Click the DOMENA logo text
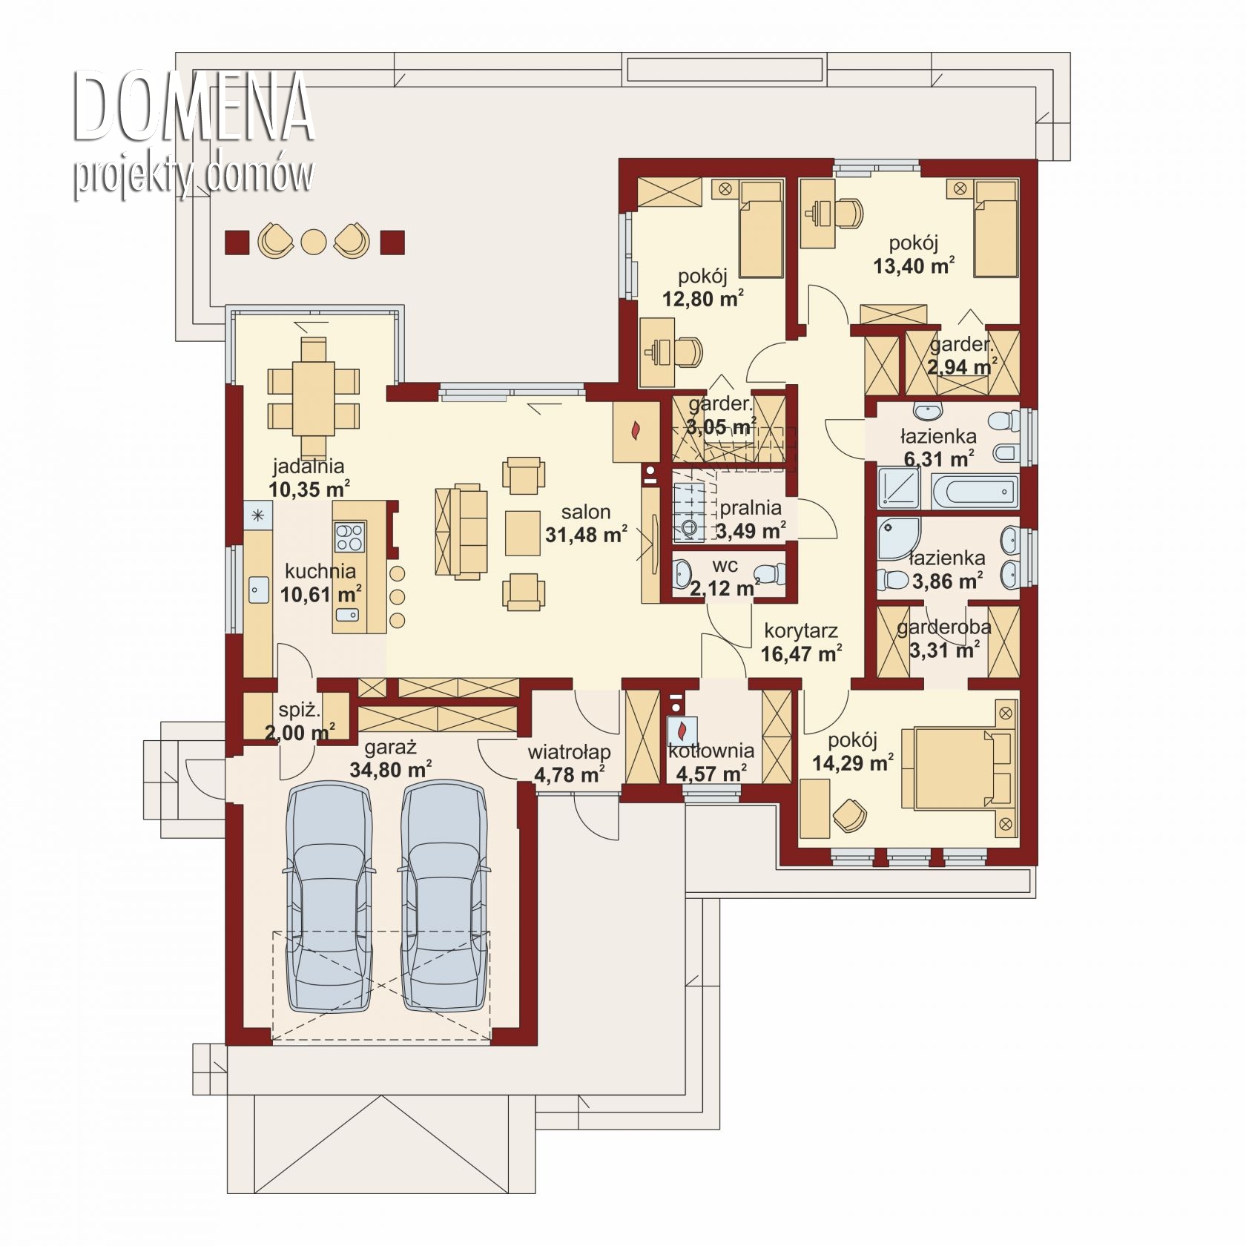click(193, 106)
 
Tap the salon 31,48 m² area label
click(586, 523)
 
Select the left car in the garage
click(328, 897)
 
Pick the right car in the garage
click(444, 897)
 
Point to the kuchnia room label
click(320, 571)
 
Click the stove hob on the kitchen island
click(350, 537)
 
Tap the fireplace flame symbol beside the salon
click(636, 430)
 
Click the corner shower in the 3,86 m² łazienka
click(898, 539)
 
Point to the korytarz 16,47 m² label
click(801, 642)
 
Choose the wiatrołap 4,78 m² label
click(569, 763)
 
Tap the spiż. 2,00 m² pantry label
click(300, 722)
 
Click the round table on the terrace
click(314, 242)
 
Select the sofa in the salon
click(461, 531)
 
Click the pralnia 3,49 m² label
click(751, 519)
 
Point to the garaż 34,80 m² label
click(391, 759)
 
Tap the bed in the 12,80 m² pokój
click(762, 230)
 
